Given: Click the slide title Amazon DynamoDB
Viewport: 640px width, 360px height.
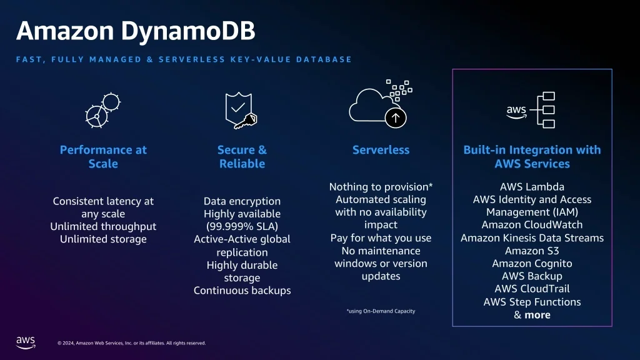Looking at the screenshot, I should [x=135, y=31].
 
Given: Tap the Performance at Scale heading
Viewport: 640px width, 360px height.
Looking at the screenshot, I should [x=103, y=157].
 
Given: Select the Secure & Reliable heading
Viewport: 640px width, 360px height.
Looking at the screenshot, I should [x=242, y=157].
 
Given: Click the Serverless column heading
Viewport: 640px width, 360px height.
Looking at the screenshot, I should [x=381, y=150].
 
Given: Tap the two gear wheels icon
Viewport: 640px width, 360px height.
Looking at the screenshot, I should [x=102, y=109].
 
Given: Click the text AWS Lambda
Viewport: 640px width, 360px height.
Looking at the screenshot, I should [x=532, y=187].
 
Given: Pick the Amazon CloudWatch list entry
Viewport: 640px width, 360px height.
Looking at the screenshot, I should [x=532, y=225].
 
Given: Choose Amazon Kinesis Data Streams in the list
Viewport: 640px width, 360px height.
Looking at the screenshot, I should [x=532, y=238].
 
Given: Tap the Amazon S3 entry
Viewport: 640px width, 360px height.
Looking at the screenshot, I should [x=532, y=251].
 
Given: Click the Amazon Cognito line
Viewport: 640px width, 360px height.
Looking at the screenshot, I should [x=532, y=263].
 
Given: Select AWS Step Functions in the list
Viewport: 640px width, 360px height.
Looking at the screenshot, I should [x=532, y=302].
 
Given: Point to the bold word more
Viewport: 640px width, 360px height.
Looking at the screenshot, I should [x=537, y=315].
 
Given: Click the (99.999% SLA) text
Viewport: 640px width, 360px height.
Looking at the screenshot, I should [x=242, y=226].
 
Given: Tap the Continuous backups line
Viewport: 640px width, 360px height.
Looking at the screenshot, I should [x=242, y=291].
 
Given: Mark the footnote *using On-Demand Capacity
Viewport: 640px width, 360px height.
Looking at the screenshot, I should [x=381, y=311].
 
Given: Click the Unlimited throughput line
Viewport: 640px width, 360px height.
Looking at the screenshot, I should [x=103, y=226].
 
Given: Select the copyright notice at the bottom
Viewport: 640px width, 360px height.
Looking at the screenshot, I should [x=131, y=342].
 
